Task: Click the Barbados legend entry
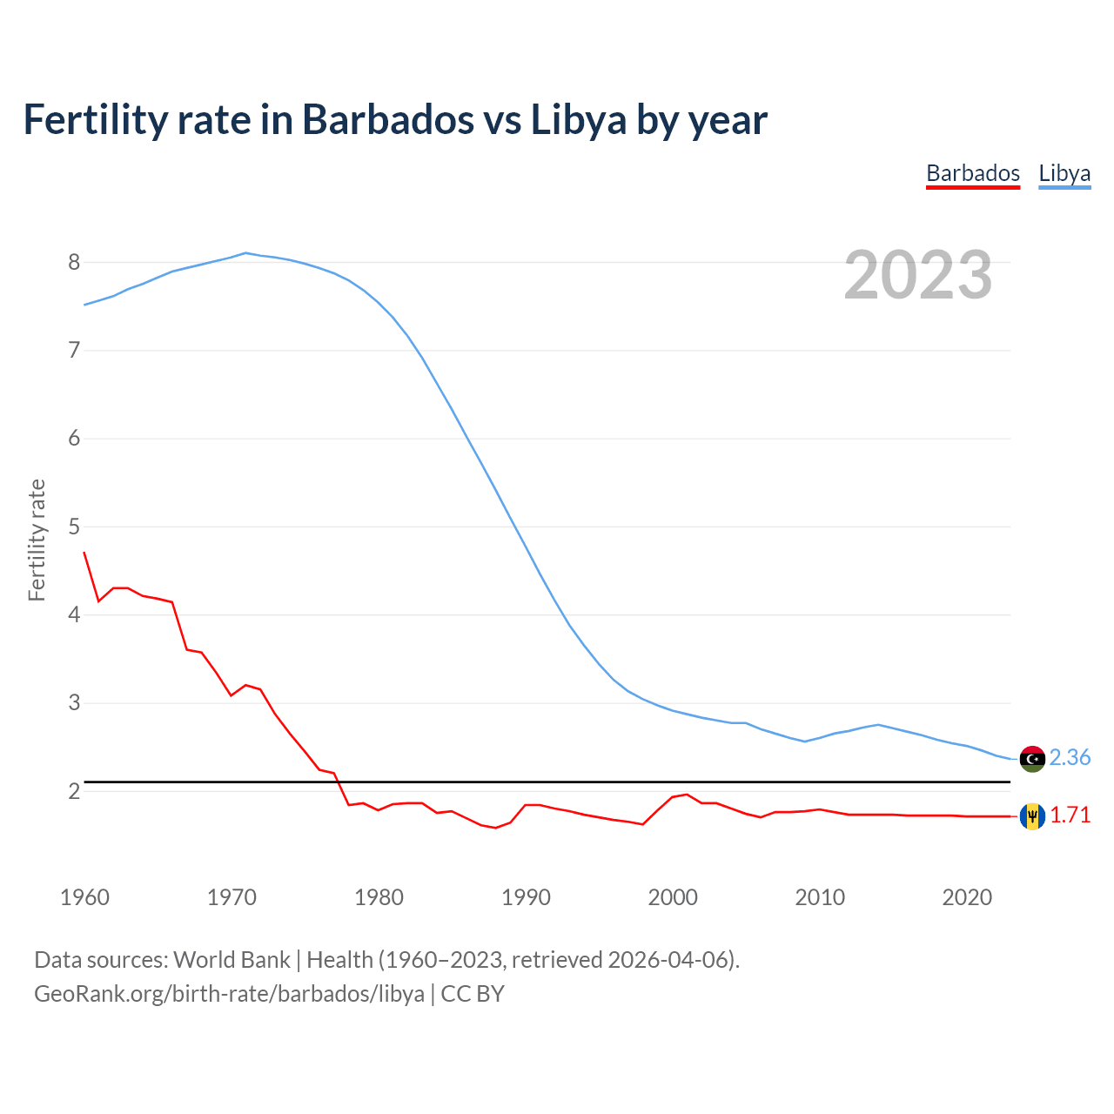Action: coord(972,173)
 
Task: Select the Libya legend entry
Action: coord(1064,173)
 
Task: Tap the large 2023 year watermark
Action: coord(917,275)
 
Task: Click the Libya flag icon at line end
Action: coord(1032,758)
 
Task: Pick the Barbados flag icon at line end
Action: coord(1032,815)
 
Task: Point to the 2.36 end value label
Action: coord(1070,758)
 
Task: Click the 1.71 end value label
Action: coord(1070,815)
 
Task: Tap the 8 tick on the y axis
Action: coord(74,262)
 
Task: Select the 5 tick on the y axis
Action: coord(74,527)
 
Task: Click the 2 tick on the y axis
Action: coord(74,791)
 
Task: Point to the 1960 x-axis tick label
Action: coord(84,897)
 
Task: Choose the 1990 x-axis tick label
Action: coord(526,897)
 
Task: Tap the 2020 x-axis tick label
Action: coord(967,897)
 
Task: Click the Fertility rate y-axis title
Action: coord(37,540)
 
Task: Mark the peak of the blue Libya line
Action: coord(245,253)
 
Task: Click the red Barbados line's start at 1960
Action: coord(84,553)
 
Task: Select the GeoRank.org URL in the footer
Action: coord(229,994)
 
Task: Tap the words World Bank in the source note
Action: coord(232,960)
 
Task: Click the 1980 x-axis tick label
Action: coord(379,897)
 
